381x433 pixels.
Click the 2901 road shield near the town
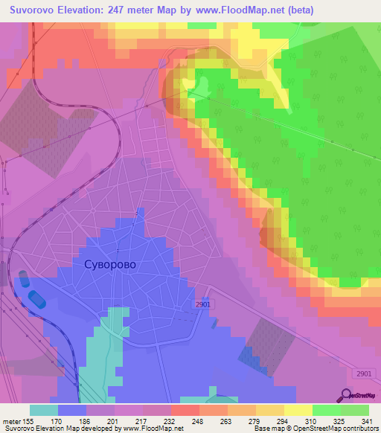(x=205, y=304)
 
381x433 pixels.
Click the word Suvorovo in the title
(x=38, y=10)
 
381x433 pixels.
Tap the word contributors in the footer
(x=357, y=429)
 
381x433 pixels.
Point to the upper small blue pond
(x=24, y=279)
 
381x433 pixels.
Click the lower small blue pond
(x=36, y=298)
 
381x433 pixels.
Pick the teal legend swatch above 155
(x=43, y=410)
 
